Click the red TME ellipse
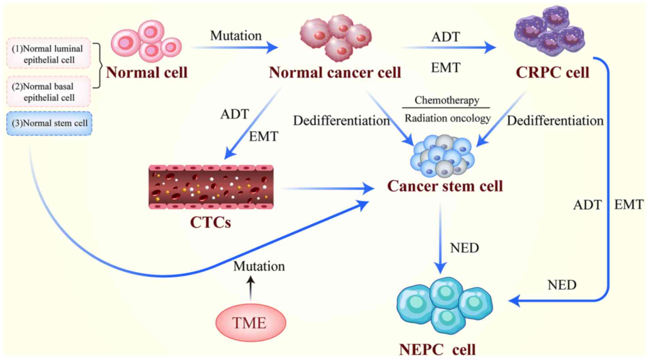250,322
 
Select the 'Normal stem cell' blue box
49,123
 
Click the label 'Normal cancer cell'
335,72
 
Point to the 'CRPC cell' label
552,72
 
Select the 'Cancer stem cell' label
445,186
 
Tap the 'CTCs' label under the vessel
210,222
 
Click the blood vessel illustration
211,187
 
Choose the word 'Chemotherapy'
446,100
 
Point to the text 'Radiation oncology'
447,118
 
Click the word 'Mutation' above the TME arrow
259,266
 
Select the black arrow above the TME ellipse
250,288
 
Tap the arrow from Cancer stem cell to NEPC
441,238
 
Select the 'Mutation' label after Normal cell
236,35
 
